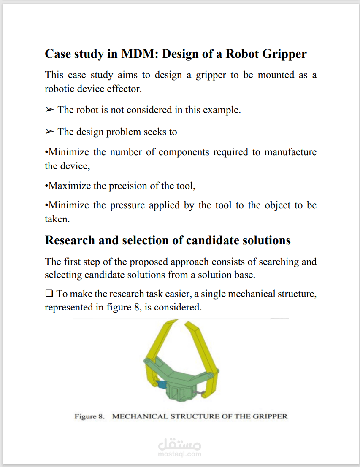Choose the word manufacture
pos(290,152)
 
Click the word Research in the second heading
pos(70,240)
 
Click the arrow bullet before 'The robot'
pos(49,110)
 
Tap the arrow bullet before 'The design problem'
pos(49,132)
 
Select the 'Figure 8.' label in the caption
pos(89,416)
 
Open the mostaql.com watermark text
pos(179,454)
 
